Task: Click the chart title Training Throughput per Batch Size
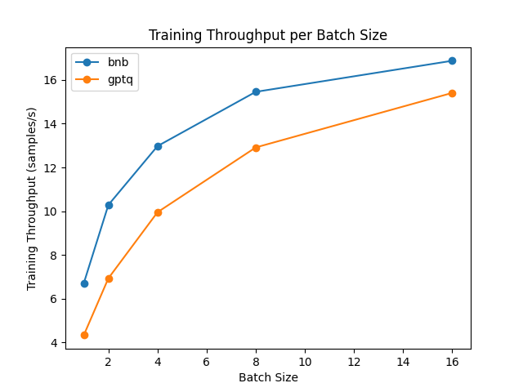(267, 36)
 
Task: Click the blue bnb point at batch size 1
(84, 283)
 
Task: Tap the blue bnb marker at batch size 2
(109, 205)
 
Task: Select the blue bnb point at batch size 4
(158, 146)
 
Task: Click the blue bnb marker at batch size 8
(256, 91)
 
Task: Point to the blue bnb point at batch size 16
(452, 61)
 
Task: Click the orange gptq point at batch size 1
(84, 335)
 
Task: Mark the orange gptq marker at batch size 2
(109, 278)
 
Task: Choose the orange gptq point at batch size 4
(158, 212)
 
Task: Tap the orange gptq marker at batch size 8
(256, 148)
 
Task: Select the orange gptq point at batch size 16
(452, 93)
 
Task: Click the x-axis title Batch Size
(268, 378)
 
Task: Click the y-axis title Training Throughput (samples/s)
(33, 198)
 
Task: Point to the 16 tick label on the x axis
(452, 362)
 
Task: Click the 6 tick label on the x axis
(207, 362)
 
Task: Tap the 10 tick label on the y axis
(51, 212)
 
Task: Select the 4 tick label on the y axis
(55, 343)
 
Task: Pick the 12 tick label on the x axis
(354, 362)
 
